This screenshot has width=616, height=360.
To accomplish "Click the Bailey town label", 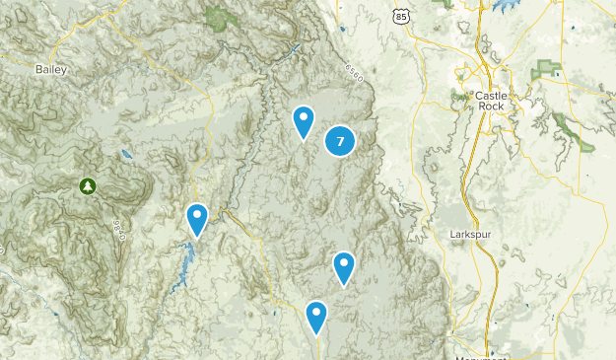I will [x=50, y=69].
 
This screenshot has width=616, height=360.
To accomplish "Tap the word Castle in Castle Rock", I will [x=490, y=96].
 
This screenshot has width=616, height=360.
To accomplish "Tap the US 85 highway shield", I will [x=399, y=16].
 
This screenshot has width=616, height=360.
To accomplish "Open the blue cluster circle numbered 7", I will [x=340, y=141].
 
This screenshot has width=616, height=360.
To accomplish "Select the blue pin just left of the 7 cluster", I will [x=304, y=120].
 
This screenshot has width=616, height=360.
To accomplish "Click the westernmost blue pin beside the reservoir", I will [x=197, y=217].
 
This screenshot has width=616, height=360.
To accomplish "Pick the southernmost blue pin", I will [x=316, y=316].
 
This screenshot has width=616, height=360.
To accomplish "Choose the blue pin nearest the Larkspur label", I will [x=343, y=265].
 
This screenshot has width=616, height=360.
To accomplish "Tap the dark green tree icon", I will [x=90, y=184].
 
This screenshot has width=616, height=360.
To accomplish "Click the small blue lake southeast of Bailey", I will [x=124, y=154].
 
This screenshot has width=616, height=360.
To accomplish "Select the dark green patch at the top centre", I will [x=220, y=16].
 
